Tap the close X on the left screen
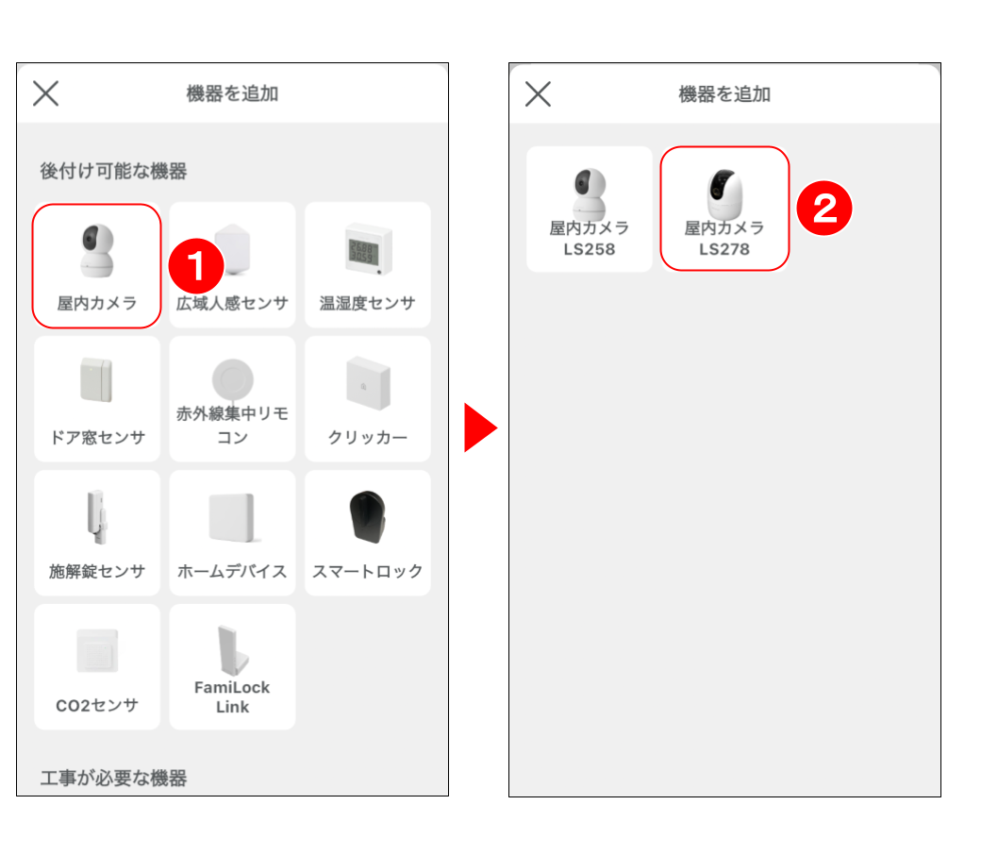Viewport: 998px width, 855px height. click(x=46, y=93)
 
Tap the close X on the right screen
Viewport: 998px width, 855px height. click(x=538, y=94)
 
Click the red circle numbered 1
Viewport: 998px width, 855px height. click(x=196, y=266)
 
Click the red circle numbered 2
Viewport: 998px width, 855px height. click(x=824, y=209)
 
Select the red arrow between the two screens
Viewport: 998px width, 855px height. click(x=480, y=427)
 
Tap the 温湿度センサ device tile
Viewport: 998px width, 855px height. click(x=367, y=265)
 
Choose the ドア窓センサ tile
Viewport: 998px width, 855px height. click(x=97, y=399)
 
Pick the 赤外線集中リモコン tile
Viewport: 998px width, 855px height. click(x=232, y=399)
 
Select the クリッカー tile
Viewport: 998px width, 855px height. click(x=367, y=399)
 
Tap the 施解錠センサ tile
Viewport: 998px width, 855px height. click(x=97, y=533)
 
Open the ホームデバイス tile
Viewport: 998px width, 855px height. click(x=232, y=533)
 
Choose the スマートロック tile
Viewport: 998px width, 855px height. click(x=367, y=533)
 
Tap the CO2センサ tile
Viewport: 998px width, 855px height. click(x=97, y=667)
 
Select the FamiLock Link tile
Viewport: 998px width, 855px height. click(x=232, y=667)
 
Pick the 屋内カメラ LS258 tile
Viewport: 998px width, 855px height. click(x=590, y=210)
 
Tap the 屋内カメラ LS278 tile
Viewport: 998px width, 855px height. click(x=724, y=209)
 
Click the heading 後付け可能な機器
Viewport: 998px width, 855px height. click(x=113, y=171)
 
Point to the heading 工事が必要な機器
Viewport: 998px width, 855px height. click(x=113, y=778)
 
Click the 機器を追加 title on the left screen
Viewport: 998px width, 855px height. click(x=232, y=93)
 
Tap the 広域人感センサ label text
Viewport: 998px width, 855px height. click(x=232, y=303)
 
